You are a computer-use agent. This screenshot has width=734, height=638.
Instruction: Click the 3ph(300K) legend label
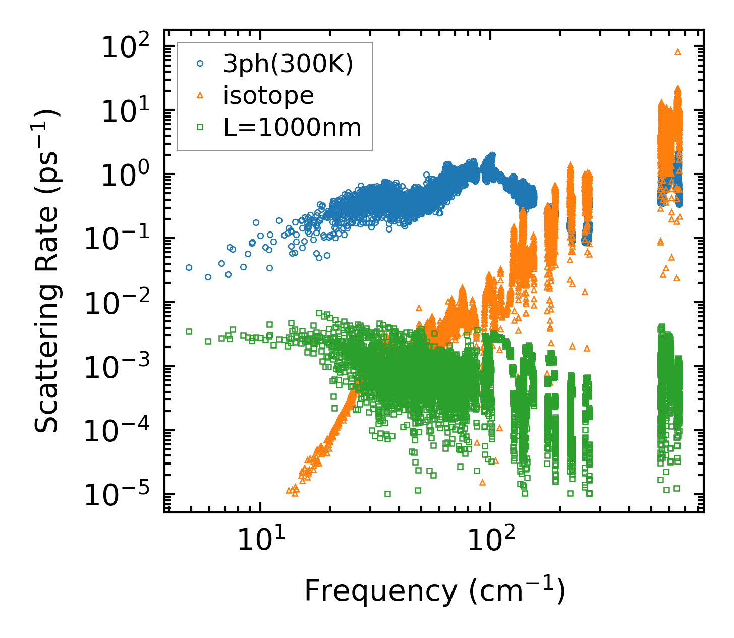point(288,65)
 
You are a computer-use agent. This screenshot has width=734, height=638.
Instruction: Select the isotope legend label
point(268,96)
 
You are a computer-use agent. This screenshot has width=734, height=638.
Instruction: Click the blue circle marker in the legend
point(200,64)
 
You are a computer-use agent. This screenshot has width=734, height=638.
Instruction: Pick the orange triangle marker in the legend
point(200,95)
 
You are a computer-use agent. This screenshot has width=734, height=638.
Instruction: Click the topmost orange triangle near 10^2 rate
point(677,52)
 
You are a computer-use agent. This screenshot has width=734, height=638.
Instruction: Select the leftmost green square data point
point(189,331)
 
